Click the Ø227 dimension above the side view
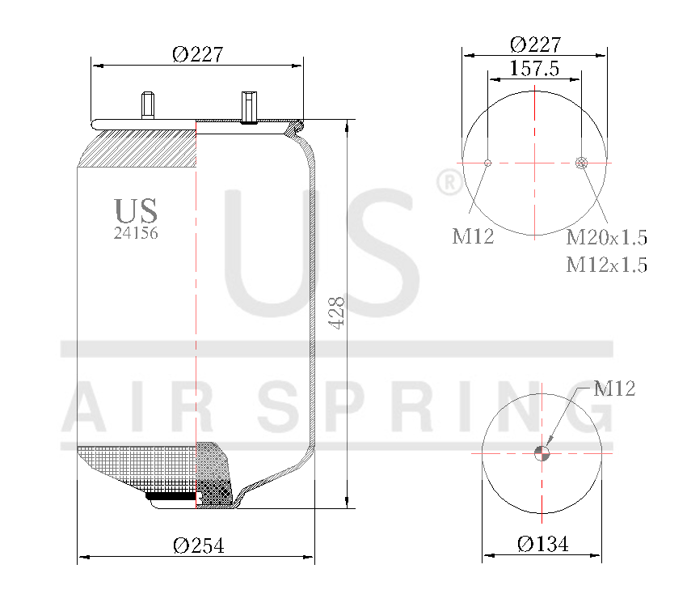197,54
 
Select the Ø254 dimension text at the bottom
198,545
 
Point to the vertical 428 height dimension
337,312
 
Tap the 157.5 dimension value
534,68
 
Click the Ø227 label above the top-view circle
534,44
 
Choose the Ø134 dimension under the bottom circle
542,544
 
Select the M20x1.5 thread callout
606,238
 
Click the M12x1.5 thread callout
606,265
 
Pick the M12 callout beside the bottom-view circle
614,388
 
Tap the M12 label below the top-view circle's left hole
473,236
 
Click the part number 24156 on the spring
136,233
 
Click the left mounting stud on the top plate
149,106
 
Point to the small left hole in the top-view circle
487,163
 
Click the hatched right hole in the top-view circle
581,163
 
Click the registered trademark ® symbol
448,183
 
